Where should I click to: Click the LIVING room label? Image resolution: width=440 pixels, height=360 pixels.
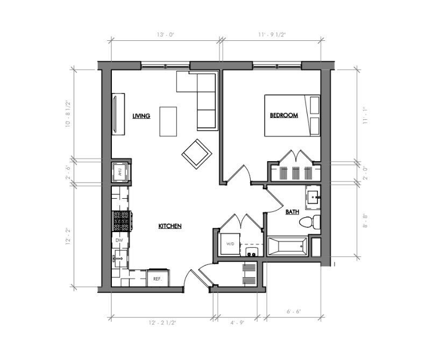[x=141, y=116]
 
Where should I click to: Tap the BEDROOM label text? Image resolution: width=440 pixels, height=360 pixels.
[x=283, y=116]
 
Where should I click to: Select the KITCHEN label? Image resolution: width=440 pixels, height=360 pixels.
[x=169, y=226]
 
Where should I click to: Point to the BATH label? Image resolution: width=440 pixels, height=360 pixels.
[x=292, y=212]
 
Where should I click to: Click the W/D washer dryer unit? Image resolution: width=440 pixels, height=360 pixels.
[x=230, y=244]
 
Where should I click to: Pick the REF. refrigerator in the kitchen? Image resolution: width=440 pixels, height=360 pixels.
[x=158, y=278]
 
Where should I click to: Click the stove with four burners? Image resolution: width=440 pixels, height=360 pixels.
[x=121, y=220]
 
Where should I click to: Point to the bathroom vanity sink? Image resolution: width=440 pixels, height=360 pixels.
[x=313, y=197]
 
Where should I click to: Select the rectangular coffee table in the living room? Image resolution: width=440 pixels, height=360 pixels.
[x=168, y=122]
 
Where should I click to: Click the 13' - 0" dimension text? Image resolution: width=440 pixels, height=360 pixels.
[x=166, y=34]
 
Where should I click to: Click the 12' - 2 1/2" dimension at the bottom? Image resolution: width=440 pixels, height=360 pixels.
[x=162, y=323]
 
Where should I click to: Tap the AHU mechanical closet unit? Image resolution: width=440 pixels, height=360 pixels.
[x=120, y=172]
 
